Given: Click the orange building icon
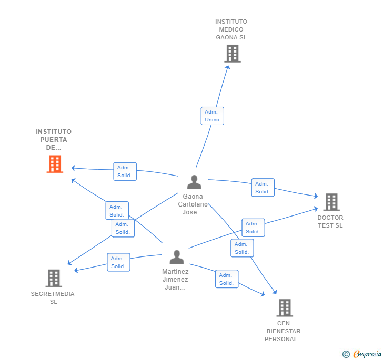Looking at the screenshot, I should click(x=55, y=164).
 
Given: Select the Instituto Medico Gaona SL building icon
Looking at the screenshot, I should click(x=232, y=54).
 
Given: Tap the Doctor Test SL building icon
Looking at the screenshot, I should click(x=331, y=202).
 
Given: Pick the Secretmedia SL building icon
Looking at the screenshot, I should click(x=54, y=278).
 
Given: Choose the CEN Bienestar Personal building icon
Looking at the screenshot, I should click(x=284, y=307).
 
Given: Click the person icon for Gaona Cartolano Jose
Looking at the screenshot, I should click(x=194, y=182).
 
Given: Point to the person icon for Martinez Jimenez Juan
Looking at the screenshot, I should click(x=177, y=258).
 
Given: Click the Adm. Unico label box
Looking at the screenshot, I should click(x=212, y=116).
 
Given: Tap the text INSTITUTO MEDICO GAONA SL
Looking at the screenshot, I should click(x=231, y=29).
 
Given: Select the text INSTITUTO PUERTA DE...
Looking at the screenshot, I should click(x=54, y=139).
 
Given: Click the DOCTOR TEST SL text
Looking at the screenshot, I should click(x=330, y=221).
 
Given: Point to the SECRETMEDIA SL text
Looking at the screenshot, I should click(x=53, y=297).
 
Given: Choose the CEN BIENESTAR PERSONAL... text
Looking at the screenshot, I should click(x=284, y=331).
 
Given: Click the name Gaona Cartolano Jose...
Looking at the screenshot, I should click(x=193, y=204).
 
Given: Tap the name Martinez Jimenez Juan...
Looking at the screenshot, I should click(x=175, y=280).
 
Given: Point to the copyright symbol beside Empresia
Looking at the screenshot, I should click(x=346, y=354).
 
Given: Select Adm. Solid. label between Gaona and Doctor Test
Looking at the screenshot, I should click(x=263, y=188).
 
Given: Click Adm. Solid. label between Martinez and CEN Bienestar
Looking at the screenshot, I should click(x=226, y=279).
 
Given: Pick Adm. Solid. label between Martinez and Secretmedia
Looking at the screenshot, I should click(x=118, y=262).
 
